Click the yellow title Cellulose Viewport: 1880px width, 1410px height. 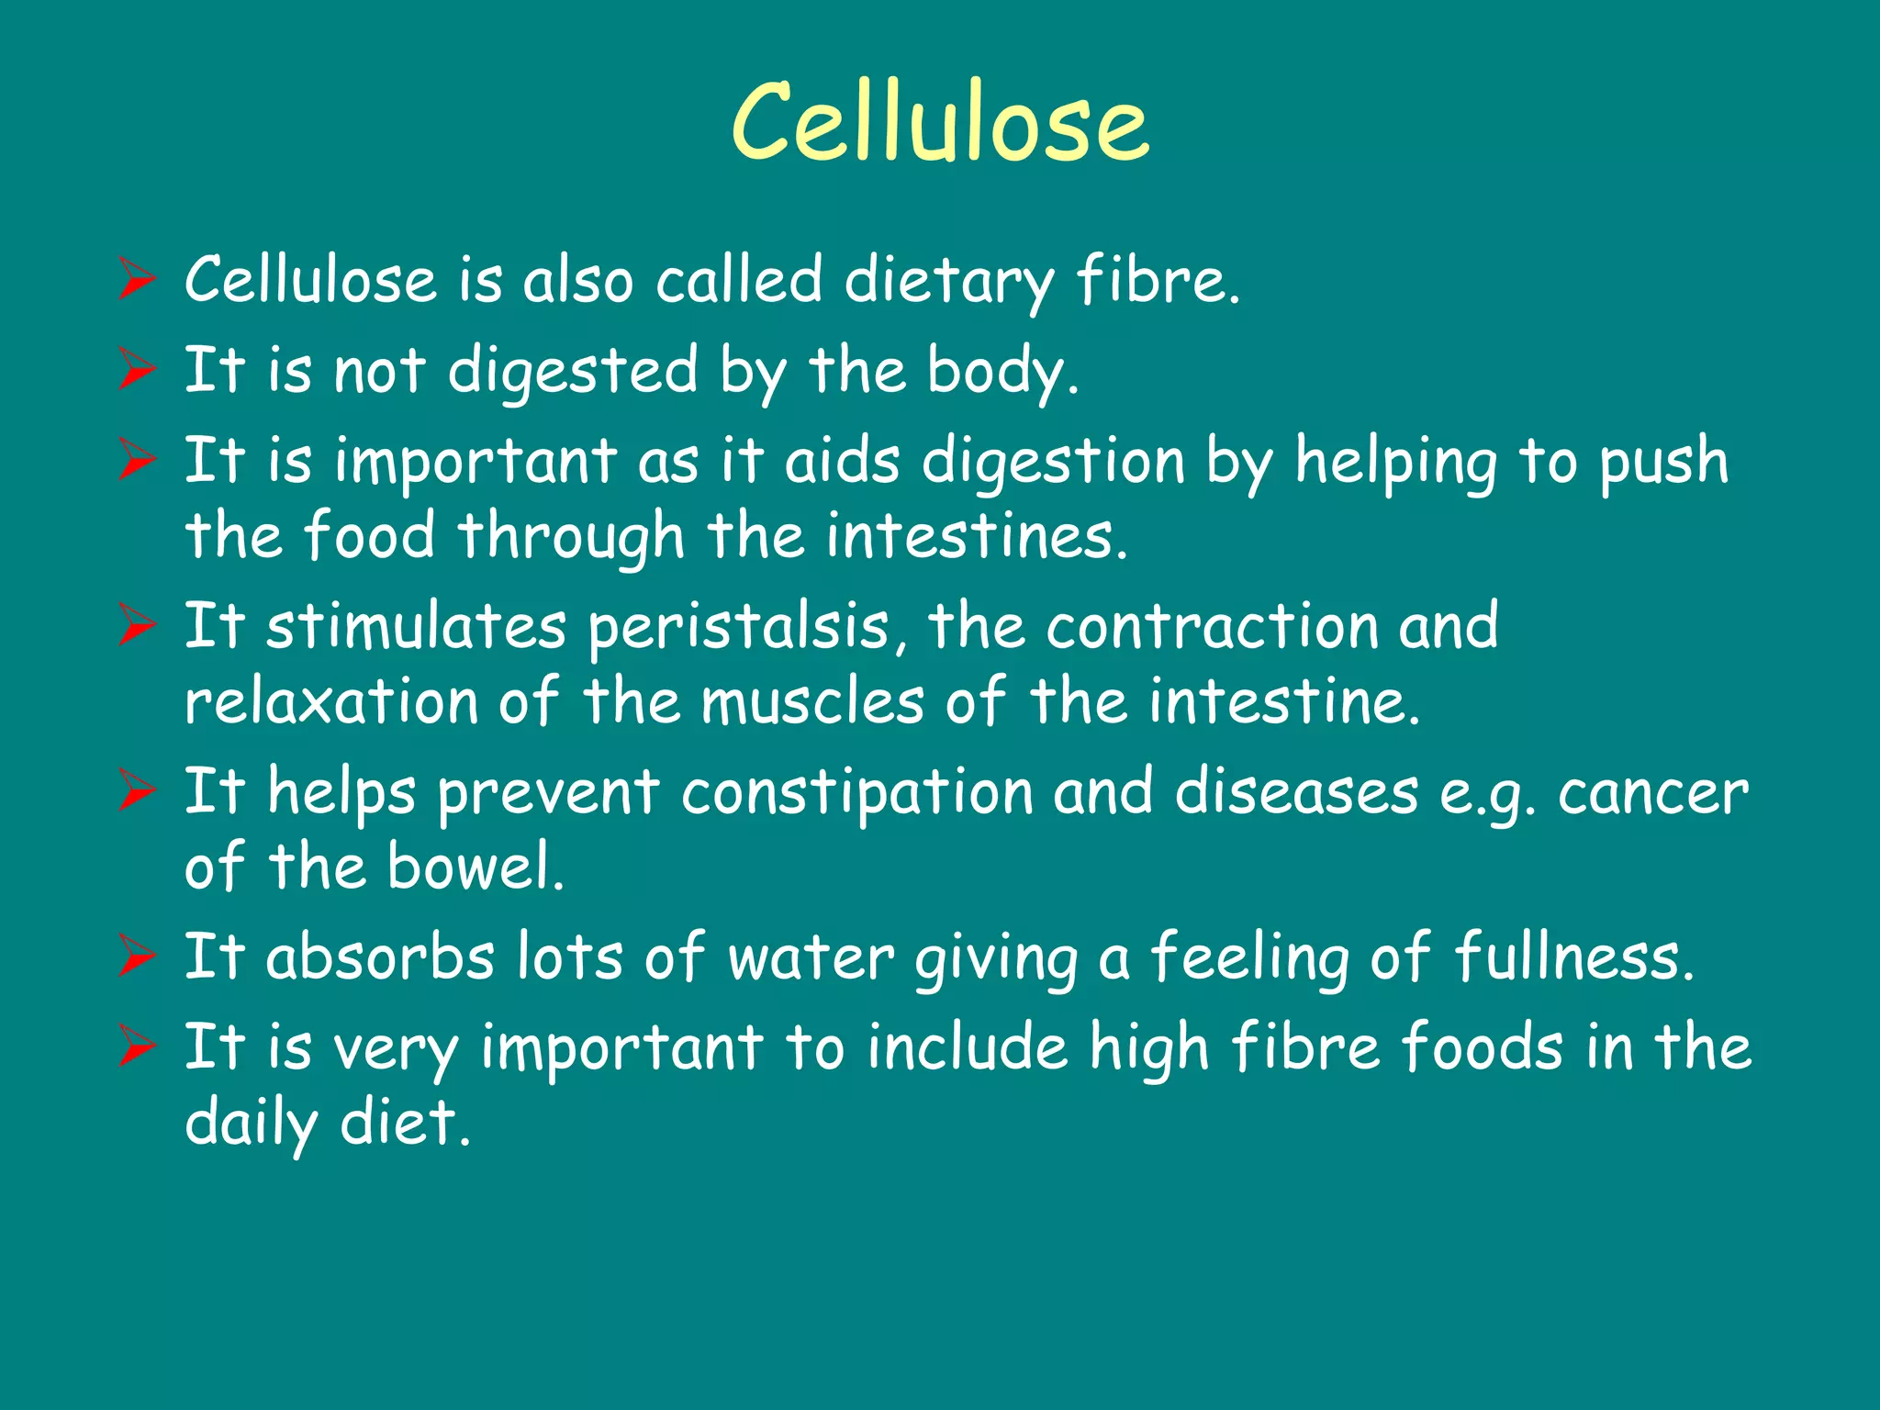[x=940, y=122]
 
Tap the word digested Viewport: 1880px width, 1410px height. [x=573, y=372]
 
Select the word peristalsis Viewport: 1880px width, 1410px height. [x=738, y=628]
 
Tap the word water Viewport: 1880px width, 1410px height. [x=811, y=957]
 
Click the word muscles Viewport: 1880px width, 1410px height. [x=812, y=702]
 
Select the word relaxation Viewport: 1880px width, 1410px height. [x=331, y=702]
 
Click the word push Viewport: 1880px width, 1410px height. [x=1664, y=462]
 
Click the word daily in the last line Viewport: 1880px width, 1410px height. [x=251, y=1124]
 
